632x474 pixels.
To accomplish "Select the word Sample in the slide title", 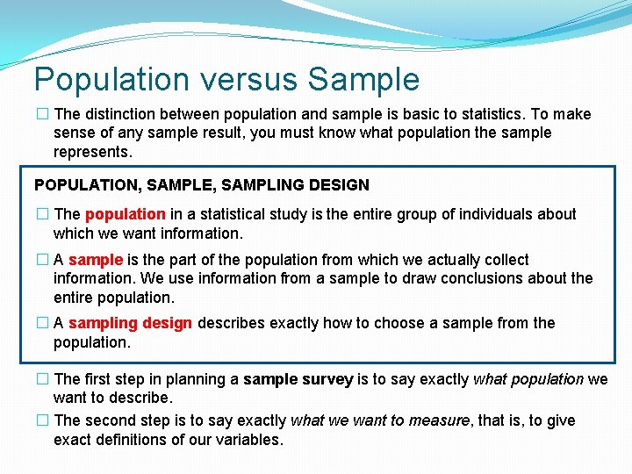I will pyautogui.click(x=363, y=80).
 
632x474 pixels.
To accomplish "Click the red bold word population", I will pyautogui.click(x=125, y=214).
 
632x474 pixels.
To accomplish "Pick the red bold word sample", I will pyautogui.click(x=96, y=260).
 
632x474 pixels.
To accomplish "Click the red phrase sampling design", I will pyautogui.click(x=130, y=323).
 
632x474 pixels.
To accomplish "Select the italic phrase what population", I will pyautogui.click(x=528, y=379).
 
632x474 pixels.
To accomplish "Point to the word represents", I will pyautogui.click(x=92, y=152).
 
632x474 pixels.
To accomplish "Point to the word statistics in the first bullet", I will pyautogui.click(x=463, y=114).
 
